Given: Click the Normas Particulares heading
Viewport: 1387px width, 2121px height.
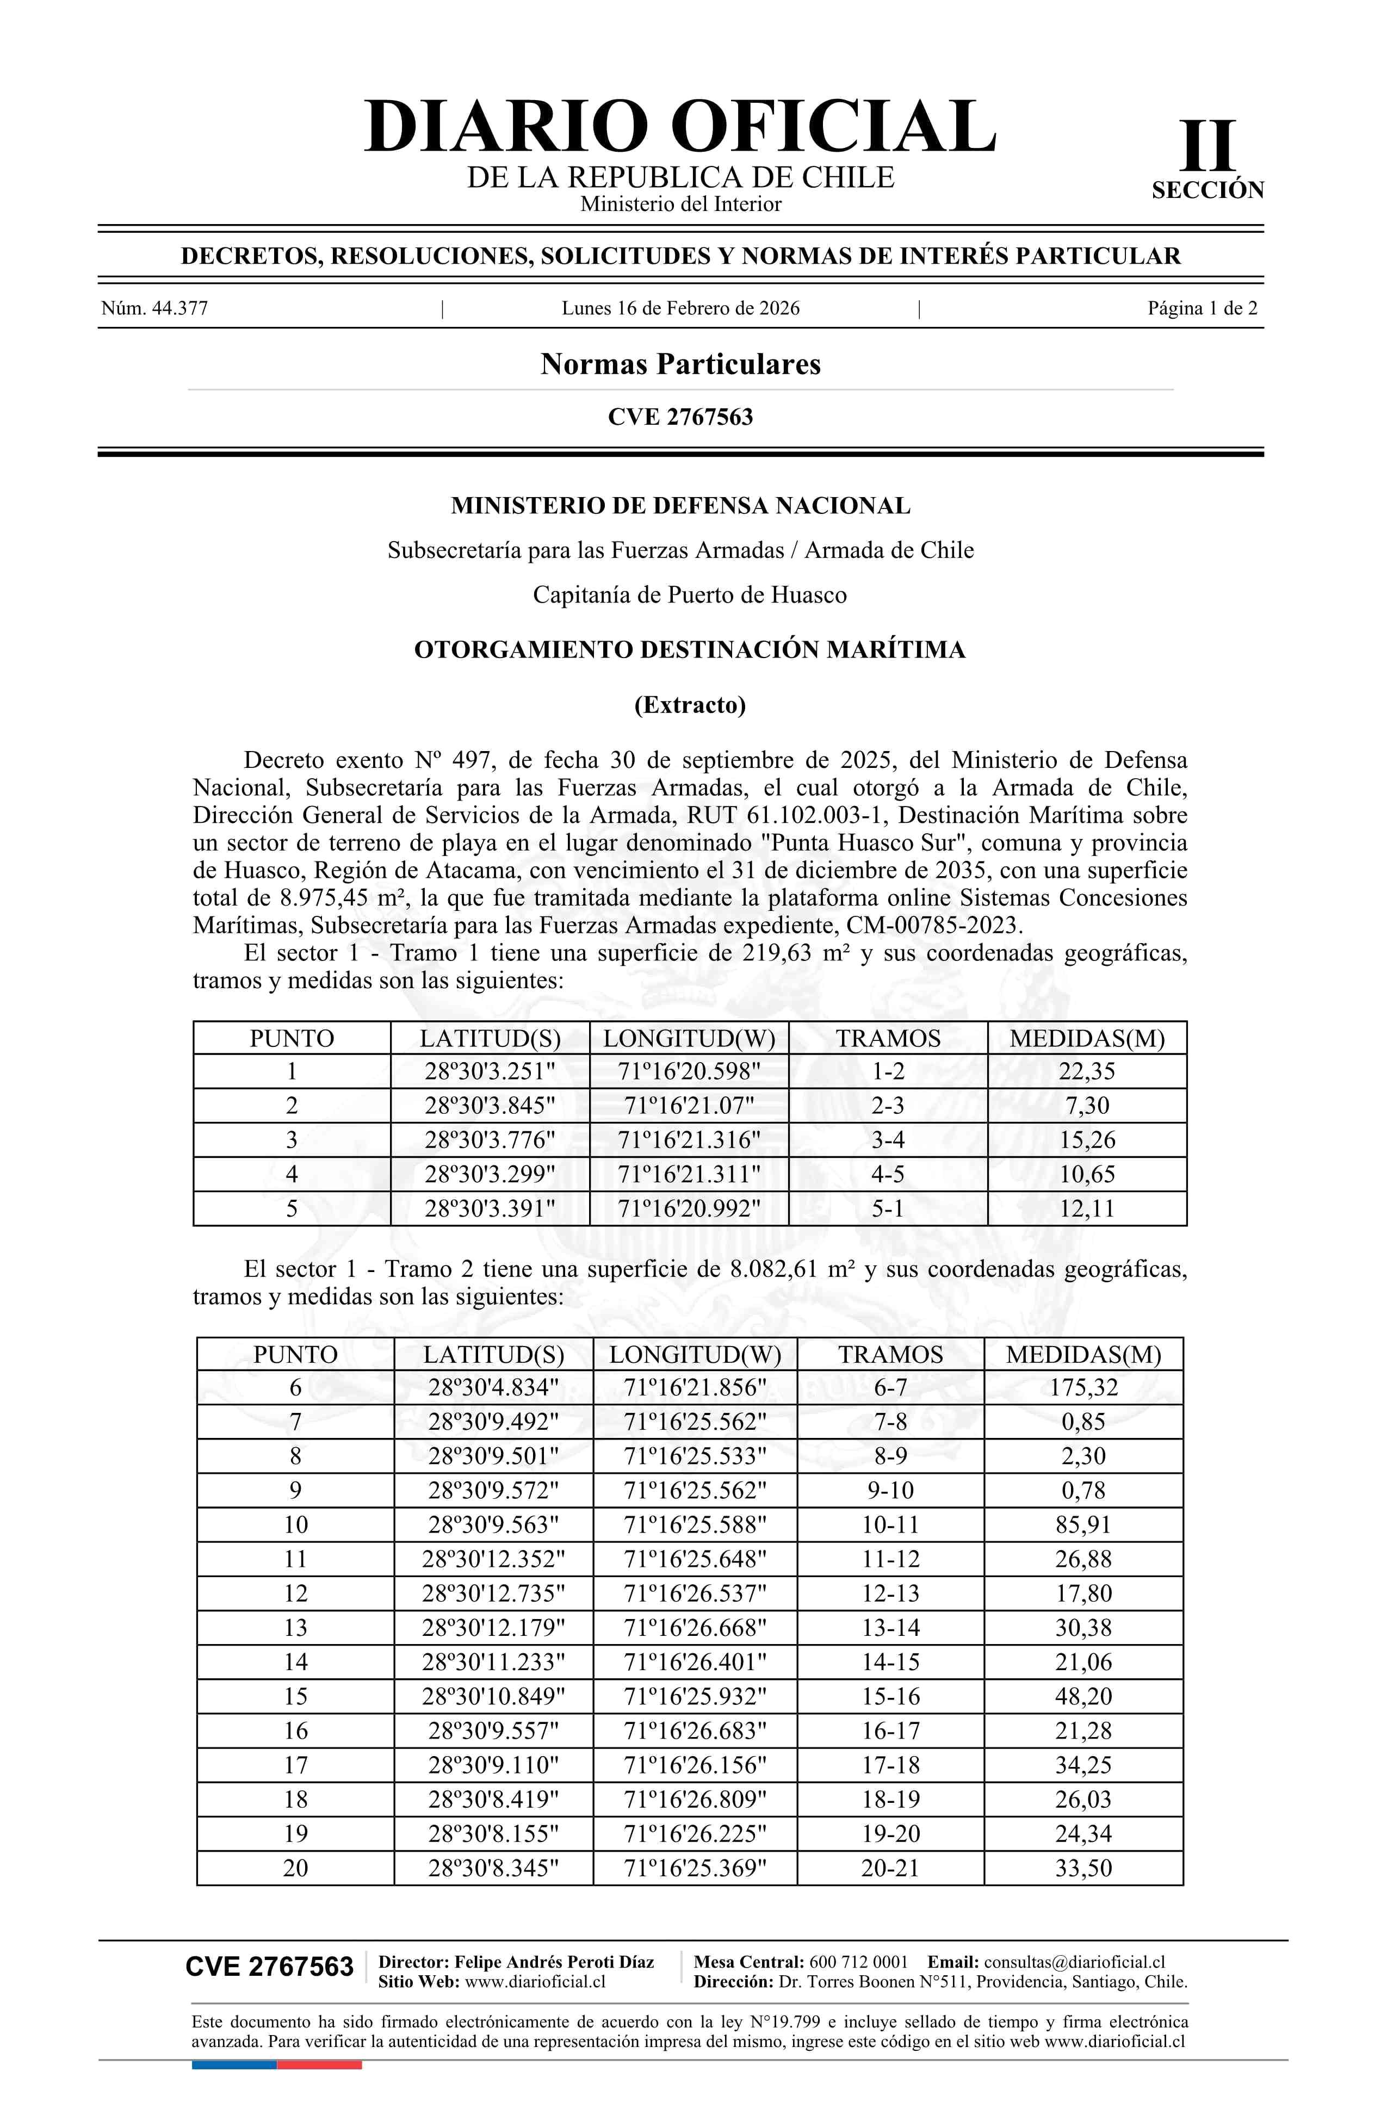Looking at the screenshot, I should pos(680,364).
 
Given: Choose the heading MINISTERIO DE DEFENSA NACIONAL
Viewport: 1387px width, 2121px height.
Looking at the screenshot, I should pos(680,506).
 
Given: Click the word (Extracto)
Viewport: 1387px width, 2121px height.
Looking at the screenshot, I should pos(689,705).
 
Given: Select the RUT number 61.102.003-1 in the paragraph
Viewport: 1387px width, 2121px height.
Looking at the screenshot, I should pos(816,815).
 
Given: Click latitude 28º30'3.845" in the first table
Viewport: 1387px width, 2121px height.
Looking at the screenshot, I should pos(490,1106).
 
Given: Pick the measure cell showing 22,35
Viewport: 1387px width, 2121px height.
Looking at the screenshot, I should pos(1087,1071).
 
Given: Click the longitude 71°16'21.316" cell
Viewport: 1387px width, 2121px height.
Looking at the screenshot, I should pos(689,1140).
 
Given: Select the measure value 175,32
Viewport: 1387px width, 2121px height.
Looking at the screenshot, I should pos(1083,1387).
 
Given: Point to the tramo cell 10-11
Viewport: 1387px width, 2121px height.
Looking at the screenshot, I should pos(890,1525).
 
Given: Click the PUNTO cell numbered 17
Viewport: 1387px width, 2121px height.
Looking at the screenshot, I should pos(295,1765).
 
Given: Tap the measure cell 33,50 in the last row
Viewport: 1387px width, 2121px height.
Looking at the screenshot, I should pos(1083,1868).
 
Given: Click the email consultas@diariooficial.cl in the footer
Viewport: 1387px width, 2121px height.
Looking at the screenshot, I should pos(1074,1962).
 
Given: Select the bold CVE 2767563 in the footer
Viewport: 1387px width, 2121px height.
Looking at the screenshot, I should pos(269,1967).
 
